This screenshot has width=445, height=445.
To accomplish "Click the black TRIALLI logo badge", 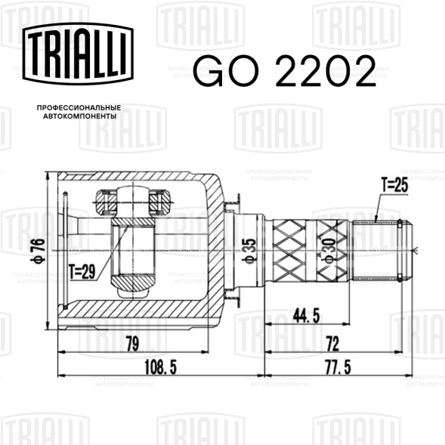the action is click(78, 54).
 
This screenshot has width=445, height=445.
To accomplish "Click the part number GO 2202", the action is click(285, 71).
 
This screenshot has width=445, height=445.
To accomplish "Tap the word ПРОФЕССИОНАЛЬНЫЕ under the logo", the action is click(79, 108).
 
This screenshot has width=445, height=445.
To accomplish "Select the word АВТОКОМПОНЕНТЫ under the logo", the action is click(80, 116).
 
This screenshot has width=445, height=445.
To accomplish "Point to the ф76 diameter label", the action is click(38, 251).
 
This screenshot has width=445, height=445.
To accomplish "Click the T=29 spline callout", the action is click(82, 273).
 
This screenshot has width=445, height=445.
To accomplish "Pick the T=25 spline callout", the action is click(394, 185).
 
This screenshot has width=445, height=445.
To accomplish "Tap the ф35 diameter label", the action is click(250, 252).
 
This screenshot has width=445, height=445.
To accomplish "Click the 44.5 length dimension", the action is click(306, 316).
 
